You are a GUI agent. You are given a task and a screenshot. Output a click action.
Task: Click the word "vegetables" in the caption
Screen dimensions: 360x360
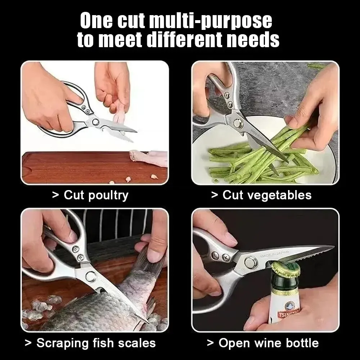276,195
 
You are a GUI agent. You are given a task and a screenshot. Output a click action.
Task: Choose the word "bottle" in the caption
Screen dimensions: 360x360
300,343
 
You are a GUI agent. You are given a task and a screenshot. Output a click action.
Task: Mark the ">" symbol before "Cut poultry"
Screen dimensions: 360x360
55,195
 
